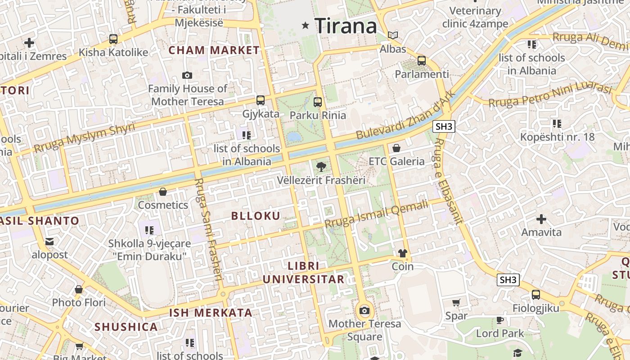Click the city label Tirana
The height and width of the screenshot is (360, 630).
click(x=346, y=26)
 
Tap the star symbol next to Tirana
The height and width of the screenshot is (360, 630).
click(x=306, y=26)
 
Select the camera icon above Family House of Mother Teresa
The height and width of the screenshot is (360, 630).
click(x=187, y=75)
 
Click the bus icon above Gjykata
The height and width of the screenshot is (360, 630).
click(x=261, y=100)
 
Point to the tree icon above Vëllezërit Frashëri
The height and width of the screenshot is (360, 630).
click(x=321, y=167)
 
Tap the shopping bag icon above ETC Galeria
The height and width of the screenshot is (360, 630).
click(x=396, y=148)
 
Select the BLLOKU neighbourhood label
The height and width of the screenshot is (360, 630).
click(x=256, y=216)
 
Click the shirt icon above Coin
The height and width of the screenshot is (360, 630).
click(x=402, y=253)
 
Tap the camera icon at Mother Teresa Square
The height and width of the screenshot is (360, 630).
click(x=364, y=310)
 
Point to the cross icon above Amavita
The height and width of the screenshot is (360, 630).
click(x=541, y=219)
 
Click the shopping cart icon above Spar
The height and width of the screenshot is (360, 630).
click(x=456, y=303)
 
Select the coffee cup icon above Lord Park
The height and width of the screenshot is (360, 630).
click(x=500, y=320)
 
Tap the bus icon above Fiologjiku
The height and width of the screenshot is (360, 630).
click(x=536, y=295)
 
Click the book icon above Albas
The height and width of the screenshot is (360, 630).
click(x=393, y=35)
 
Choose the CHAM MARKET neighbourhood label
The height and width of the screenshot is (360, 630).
click(x=214, y=50)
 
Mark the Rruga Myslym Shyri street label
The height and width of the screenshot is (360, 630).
click(x=85, y=137)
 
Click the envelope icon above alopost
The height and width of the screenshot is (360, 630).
click(x=49, y=242)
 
